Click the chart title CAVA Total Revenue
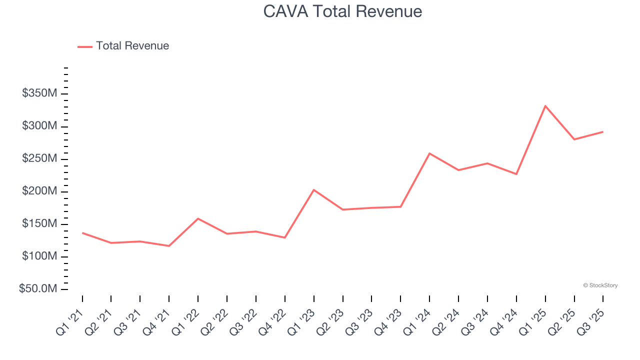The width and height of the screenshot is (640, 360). (x=342, y=11)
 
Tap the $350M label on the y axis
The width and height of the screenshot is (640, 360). (x=39, y=93)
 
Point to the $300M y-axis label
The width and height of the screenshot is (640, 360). (x=39, y=126)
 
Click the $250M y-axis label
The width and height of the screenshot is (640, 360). (x=39, y=158)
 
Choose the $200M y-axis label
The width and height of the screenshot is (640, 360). (x=39, y=191)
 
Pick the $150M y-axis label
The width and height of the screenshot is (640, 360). (x=39, y=224)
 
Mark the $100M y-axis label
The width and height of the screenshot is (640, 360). (x=39, y=256)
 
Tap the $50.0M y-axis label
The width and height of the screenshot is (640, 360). (x=38, y=289)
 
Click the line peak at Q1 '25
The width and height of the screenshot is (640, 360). (x=545, y=105)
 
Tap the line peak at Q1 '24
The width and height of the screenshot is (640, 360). (x=429, y=153)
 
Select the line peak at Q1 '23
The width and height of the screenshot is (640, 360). (x=313, y=189)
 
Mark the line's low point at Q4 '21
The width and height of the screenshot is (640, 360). (x=169, y=246)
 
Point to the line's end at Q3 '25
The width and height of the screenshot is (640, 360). (x=602, y=131)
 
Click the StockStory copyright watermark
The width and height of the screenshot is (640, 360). (x=600, y=285)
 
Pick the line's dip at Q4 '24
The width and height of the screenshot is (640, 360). (x=516, y=174)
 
